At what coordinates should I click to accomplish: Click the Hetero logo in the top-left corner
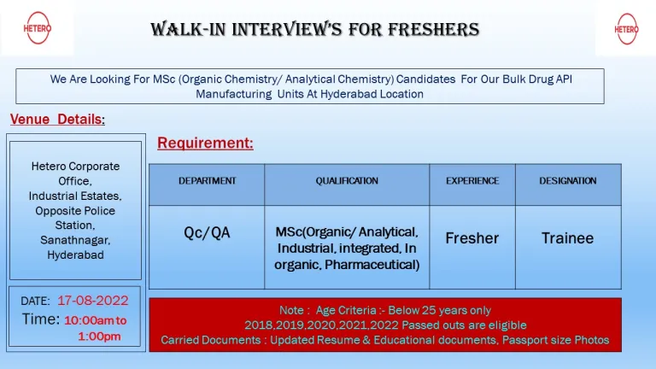click(x=38, y=28)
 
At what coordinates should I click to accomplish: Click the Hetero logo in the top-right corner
click(x=626, y=29)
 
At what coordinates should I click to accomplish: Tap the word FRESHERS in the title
click(x=433, y=30)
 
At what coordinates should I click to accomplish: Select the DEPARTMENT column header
click(x=207, y=181)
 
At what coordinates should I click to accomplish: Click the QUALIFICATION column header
click(x=347, y=181)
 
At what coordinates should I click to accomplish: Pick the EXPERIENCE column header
click(x=472, y=181)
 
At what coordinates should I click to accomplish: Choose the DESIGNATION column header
click(x=568, y=181)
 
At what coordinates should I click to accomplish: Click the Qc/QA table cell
click(x=207, y=232)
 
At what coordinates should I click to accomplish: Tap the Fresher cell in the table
click(x=471, y=238)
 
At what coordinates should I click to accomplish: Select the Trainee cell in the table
click(x=568, y=238)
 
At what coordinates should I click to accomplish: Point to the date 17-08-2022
click(x=93, y=301)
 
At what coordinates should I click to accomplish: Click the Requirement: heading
click(x=205, y=143)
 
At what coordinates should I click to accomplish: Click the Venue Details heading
click(x=57, y=120)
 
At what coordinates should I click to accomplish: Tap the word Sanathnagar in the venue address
click(x=75, y=240)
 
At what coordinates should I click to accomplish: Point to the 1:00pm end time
click(x=100, y=337)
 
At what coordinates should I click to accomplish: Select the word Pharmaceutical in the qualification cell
click(x=372, y=265)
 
